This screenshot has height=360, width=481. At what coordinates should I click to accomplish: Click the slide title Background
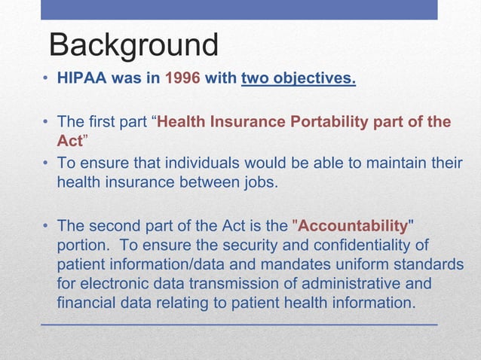coord(133,45)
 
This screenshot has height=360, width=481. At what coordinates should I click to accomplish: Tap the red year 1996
coord(182,78)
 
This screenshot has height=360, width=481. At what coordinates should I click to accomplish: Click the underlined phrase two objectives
coord(299,78)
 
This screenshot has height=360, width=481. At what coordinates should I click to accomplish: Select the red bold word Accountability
coord(353,226)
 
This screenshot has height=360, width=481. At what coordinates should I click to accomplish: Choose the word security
coord(228,246)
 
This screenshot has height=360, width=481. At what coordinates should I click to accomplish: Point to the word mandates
coord(289,265)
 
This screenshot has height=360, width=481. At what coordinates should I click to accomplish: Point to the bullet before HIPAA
coord(46,79)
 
